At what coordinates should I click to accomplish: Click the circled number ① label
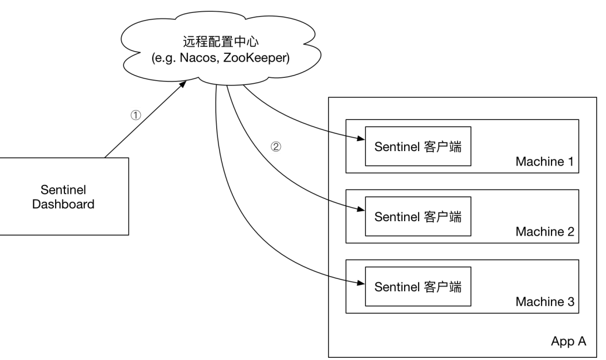point(136,115)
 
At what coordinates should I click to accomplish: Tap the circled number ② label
point(276,147)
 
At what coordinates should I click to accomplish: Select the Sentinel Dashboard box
point(64,196)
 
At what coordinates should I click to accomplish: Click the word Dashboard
point(63,204)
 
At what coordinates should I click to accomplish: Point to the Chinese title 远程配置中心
point(221,41)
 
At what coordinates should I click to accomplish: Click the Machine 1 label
point(544,162)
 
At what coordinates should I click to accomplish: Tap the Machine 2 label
point(545,231)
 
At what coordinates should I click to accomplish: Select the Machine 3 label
point(545,301)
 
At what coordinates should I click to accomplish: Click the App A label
point(569,342)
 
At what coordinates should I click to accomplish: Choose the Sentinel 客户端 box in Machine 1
point(418,147)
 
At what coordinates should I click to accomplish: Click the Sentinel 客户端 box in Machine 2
point(418,216)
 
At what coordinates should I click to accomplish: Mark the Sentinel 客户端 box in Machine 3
point(418,286)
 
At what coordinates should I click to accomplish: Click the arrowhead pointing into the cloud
point(183,84)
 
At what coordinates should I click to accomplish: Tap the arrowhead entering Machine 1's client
point(361,138)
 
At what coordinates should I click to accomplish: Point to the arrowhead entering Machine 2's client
point(361,209)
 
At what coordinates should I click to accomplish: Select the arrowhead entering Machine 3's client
point(361,283)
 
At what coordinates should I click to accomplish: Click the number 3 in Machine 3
point(571,301)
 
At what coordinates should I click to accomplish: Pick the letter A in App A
point(582,341)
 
